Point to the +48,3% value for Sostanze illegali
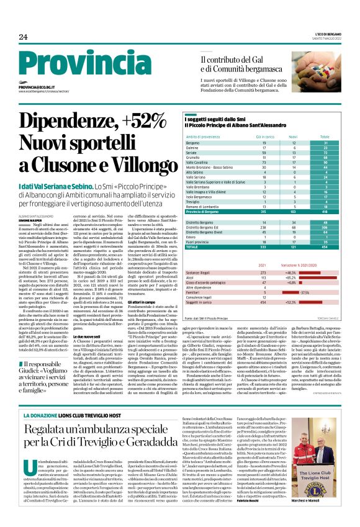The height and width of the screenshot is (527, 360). (x=290, y=272)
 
